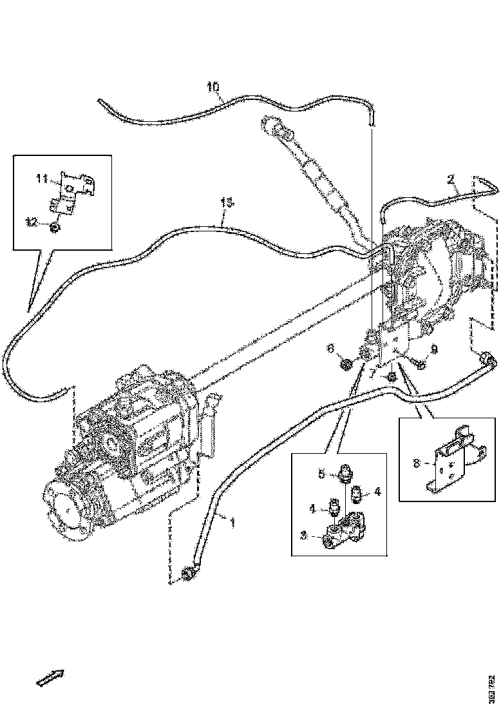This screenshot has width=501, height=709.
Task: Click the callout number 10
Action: click(213, 86)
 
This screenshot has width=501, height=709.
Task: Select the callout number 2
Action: click(452, 178)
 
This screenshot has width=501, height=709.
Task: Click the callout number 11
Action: click(42, 179)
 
